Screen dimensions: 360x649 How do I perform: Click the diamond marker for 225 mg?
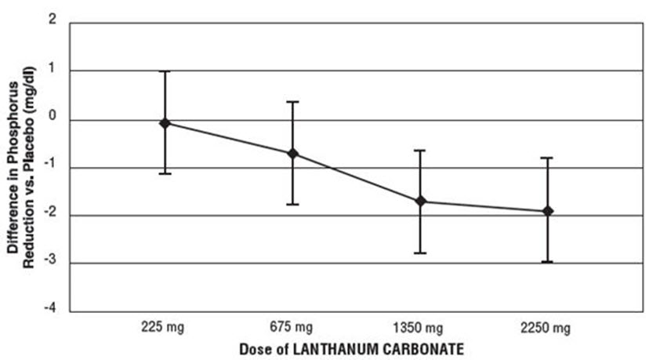[x=165, y=123]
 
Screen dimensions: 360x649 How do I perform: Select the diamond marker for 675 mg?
[x=292, y=153]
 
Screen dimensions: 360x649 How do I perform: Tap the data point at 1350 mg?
[x=420, y=202]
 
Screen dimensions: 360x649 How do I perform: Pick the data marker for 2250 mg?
[x=548, y=211]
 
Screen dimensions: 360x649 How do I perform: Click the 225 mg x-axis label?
[x=165, y=325]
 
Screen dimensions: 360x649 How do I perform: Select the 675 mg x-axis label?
[x=292, y=325]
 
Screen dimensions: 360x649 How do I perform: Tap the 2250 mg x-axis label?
[x=547, y=325]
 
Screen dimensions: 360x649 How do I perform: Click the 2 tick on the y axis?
[x=53, y=22]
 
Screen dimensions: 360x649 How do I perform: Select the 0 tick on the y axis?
[x=53, y=119]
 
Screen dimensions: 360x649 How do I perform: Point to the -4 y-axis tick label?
[x=50, y=311]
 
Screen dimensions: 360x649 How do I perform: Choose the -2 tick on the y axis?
[x=50, y=215]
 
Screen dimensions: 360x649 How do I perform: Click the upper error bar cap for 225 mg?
[x=165, y=71]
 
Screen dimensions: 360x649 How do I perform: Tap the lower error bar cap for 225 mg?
[x=165, y=173]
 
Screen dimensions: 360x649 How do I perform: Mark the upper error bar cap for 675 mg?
[x=292, y=102]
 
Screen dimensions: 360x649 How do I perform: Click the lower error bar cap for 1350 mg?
[x=420, y=253]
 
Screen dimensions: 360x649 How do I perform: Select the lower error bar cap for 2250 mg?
[x=548, y=262]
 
